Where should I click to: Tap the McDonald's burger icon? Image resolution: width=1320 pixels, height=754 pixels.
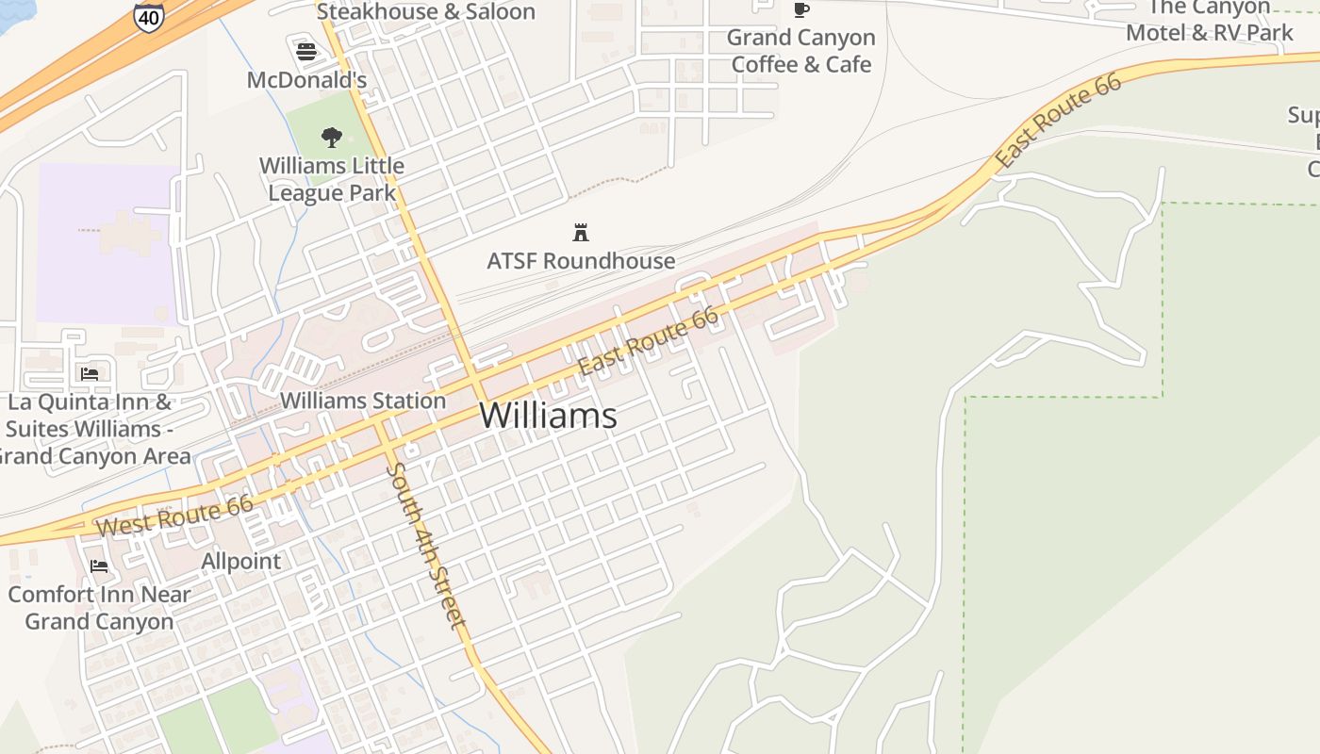[306, 51]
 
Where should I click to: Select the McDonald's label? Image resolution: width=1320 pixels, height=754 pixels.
[306, 80]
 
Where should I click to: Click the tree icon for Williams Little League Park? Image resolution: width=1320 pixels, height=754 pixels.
[331, 138]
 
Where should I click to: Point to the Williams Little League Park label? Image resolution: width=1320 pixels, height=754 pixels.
[332, 179]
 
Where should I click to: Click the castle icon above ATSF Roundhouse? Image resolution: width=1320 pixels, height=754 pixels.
[581, 232]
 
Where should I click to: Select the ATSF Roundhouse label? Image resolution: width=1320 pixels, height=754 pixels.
[581, 261]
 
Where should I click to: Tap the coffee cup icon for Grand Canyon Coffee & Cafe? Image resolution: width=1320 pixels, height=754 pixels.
[800, 10]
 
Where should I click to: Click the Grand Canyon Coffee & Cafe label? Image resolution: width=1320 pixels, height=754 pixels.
[801, 51]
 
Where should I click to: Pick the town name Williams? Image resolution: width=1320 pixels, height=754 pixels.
[549, 416]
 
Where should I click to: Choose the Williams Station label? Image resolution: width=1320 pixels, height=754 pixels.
[363, 401]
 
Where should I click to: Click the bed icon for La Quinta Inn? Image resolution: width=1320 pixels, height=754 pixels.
[90, 374]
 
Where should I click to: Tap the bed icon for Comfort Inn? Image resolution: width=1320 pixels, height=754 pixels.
[99, 566]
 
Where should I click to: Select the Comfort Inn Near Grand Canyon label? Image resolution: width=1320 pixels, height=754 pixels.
[99, 608]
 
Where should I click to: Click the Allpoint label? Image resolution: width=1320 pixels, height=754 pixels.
[241, 562]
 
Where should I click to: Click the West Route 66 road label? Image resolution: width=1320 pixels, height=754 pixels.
[174, 516]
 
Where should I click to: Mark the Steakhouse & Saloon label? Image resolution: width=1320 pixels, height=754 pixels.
[425, 12]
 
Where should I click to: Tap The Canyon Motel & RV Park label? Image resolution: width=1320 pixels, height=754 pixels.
[1211, 21]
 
